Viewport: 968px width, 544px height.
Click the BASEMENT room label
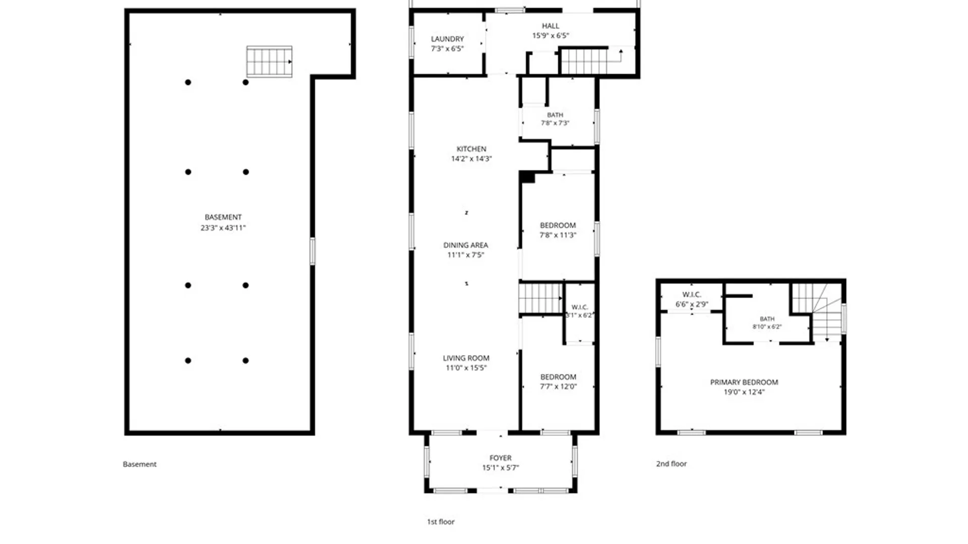tap(223, 217)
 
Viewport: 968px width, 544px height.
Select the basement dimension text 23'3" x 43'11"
tap(223, 228)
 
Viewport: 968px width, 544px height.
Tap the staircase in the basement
tap(269, 61)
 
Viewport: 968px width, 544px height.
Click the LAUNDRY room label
tap(447, 39)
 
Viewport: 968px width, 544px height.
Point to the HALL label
tap(551, 26)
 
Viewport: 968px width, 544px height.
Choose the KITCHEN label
tap(471, 149)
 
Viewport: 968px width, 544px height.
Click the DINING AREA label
tap(465, 245)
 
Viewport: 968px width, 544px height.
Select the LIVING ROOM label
tap(466, 358)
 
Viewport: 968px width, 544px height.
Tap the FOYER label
tap(500, 458)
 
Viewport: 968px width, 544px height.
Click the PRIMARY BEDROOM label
tap(744, 382)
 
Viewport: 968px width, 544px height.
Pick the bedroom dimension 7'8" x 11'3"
tap(558, 235)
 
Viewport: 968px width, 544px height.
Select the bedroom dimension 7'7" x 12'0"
tap(558, 387)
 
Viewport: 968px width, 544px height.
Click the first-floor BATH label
tap(555, 115)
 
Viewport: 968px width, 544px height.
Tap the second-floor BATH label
tap(767, 319)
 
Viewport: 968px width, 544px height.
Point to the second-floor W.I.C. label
tap(692, 295)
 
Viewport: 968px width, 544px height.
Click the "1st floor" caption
tap(441, 522)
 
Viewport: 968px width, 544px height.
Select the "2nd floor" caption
tap(671, 464)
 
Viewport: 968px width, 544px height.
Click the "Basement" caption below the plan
tap(140, 464)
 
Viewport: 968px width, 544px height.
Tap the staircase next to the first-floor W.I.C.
tap(540, 298)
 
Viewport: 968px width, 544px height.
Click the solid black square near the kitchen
tap(527, 177)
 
